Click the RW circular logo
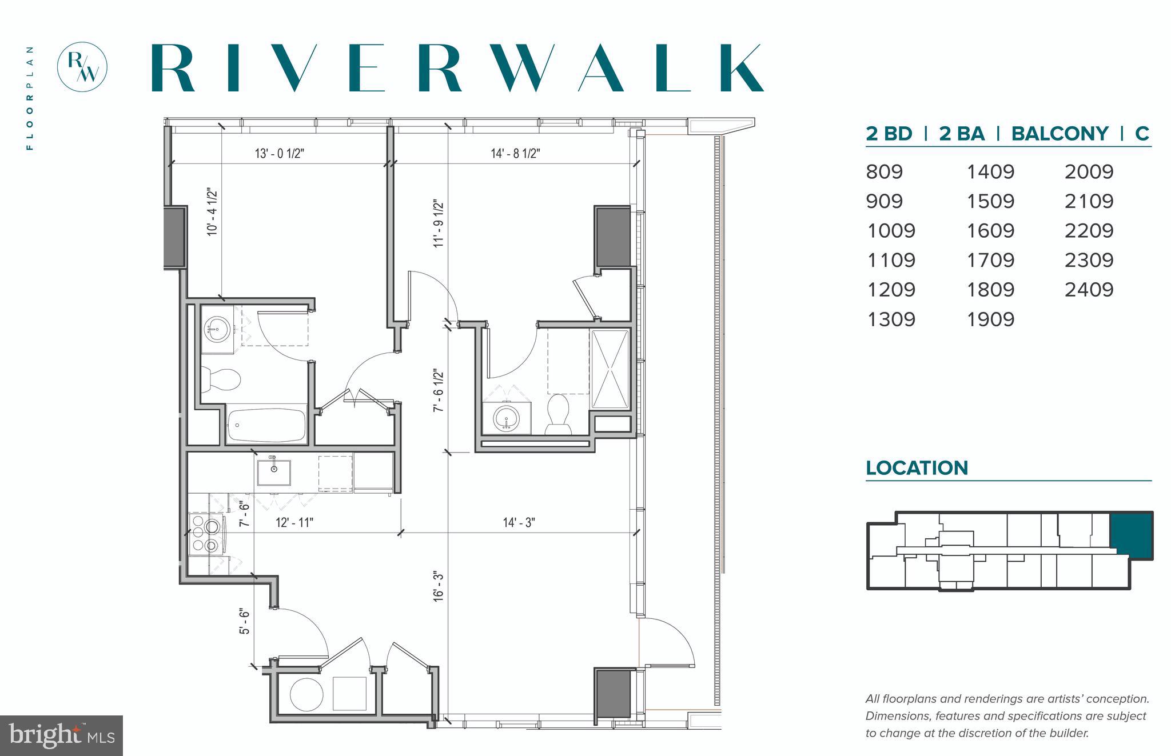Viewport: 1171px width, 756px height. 82,67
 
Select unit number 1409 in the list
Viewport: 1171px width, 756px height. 990,171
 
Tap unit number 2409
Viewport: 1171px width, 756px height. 1089,290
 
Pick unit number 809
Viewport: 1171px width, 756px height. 884,171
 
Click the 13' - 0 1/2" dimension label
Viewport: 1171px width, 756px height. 279,154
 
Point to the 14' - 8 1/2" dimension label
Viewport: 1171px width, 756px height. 515,154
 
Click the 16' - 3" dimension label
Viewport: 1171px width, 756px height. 439,586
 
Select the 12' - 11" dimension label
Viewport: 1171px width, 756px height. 294,523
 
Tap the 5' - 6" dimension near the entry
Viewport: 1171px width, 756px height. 245,621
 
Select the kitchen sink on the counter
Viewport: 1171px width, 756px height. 273,471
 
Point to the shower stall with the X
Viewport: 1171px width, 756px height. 610,369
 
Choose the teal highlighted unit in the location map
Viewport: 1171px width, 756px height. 1130,534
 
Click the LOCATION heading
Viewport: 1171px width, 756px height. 917,468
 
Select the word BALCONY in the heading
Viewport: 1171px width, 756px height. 1060,134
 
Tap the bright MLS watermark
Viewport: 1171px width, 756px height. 61,735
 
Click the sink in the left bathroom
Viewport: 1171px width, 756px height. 217,329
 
